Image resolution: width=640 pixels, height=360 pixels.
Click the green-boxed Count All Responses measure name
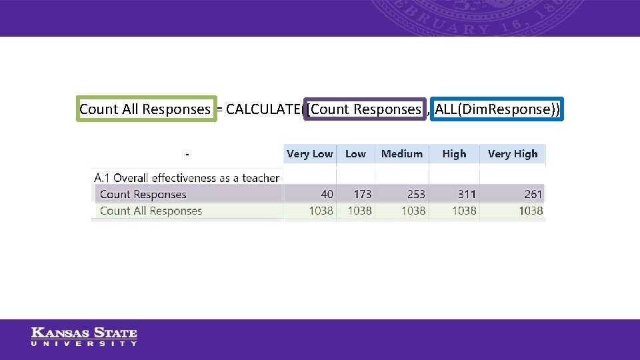(x=145, y=109)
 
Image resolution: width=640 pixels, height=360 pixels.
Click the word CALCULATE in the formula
(x=263, y=109)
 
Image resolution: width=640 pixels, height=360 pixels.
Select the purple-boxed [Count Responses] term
(x=365, y=109)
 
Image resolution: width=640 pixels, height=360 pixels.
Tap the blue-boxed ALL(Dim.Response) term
(x=497, y=109)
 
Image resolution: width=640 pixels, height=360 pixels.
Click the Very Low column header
(x=309, y=154)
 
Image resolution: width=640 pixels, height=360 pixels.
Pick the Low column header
(x=355, y=154)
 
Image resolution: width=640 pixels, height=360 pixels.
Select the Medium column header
(x=401, y=154)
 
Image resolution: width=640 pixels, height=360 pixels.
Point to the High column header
(x=454, y=154)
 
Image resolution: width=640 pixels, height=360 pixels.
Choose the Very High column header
(x=512, y=154)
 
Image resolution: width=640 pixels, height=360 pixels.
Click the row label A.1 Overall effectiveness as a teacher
(x=187, y=178)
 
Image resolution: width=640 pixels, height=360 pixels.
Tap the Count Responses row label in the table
(x=143, y=195)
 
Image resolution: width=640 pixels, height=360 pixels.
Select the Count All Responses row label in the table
(x=151, y=211)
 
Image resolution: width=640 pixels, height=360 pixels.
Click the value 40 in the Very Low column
(x=327, y=195)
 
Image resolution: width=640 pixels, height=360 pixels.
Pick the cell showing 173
(x=362, y=195)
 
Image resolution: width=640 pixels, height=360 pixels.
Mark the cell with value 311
(x=467, y=195)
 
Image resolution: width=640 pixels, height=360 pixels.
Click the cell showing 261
(x=533, y=195)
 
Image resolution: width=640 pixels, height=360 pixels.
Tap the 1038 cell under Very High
(x=531, y=211)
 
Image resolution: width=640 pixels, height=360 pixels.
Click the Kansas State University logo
(x=84, y=336)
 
